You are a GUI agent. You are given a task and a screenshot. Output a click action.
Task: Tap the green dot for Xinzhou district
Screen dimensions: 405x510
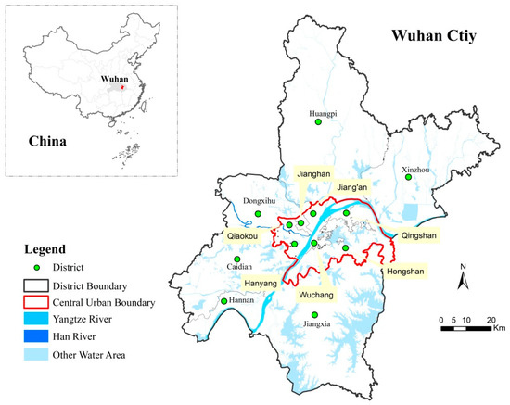[407, 178]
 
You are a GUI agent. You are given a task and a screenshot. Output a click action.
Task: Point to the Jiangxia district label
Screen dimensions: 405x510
[315, 325]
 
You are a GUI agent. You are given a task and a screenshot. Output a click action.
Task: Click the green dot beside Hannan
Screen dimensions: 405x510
[223, 301]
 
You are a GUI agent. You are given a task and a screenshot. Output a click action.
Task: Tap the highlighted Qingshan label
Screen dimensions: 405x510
[413, 234]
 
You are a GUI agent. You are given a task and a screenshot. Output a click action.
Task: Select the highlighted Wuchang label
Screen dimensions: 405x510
[317, 295]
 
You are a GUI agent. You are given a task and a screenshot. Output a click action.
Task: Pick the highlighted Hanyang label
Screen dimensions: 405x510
[261, 283]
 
